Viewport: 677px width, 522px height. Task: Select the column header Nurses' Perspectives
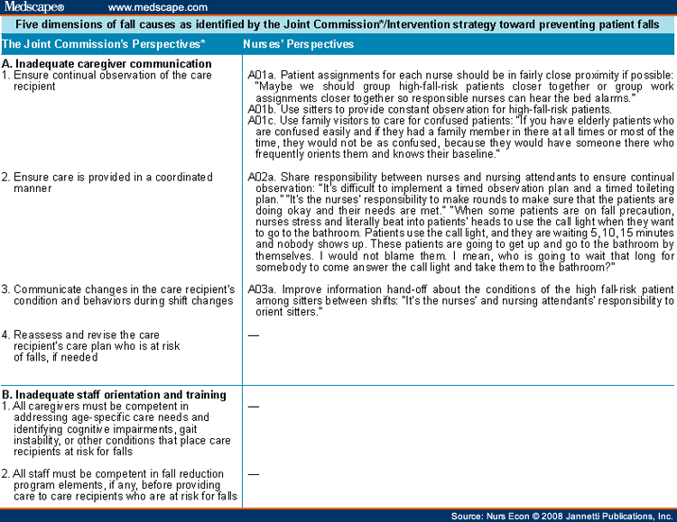tap(299, 43)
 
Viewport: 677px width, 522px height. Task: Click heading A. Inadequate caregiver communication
tap(107, 64)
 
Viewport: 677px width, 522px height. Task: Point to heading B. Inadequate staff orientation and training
tap(114, 395)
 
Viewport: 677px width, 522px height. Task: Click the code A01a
tap(261, 75)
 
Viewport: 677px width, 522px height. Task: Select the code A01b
tap(261, 110)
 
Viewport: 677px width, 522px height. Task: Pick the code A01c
tap(261, 121)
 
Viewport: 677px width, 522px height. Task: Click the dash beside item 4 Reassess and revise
tap(254, 335)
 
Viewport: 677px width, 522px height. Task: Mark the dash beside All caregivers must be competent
tap(254, 407)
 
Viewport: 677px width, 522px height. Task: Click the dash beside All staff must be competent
tap(254, 473)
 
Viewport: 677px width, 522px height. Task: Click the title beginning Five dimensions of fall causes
tap(338, 25)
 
